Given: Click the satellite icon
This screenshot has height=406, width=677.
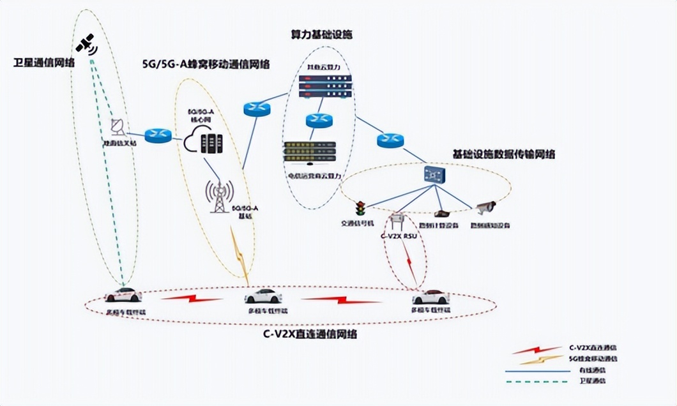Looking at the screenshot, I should pos(86,44).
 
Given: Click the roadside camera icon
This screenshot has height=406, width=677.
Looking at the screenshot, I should pos(486,207).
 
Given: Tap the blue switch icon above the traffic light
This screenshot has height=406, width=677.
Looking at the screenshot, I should pos(436,174).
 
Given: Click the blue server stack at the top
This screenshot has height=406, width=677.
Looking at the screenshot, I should pos(325,86).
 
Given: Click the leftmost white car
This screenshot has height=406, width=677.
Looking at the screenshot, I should pos(123,295).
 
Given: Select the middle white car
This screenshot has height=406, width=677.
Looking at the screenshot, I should pos(262,296).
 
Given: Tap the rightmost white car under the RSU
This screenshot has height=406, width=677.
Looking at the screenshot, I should pos(430,297).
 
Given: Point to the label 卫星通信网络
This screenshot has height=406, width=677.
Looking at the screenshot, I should pos(44,63).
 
